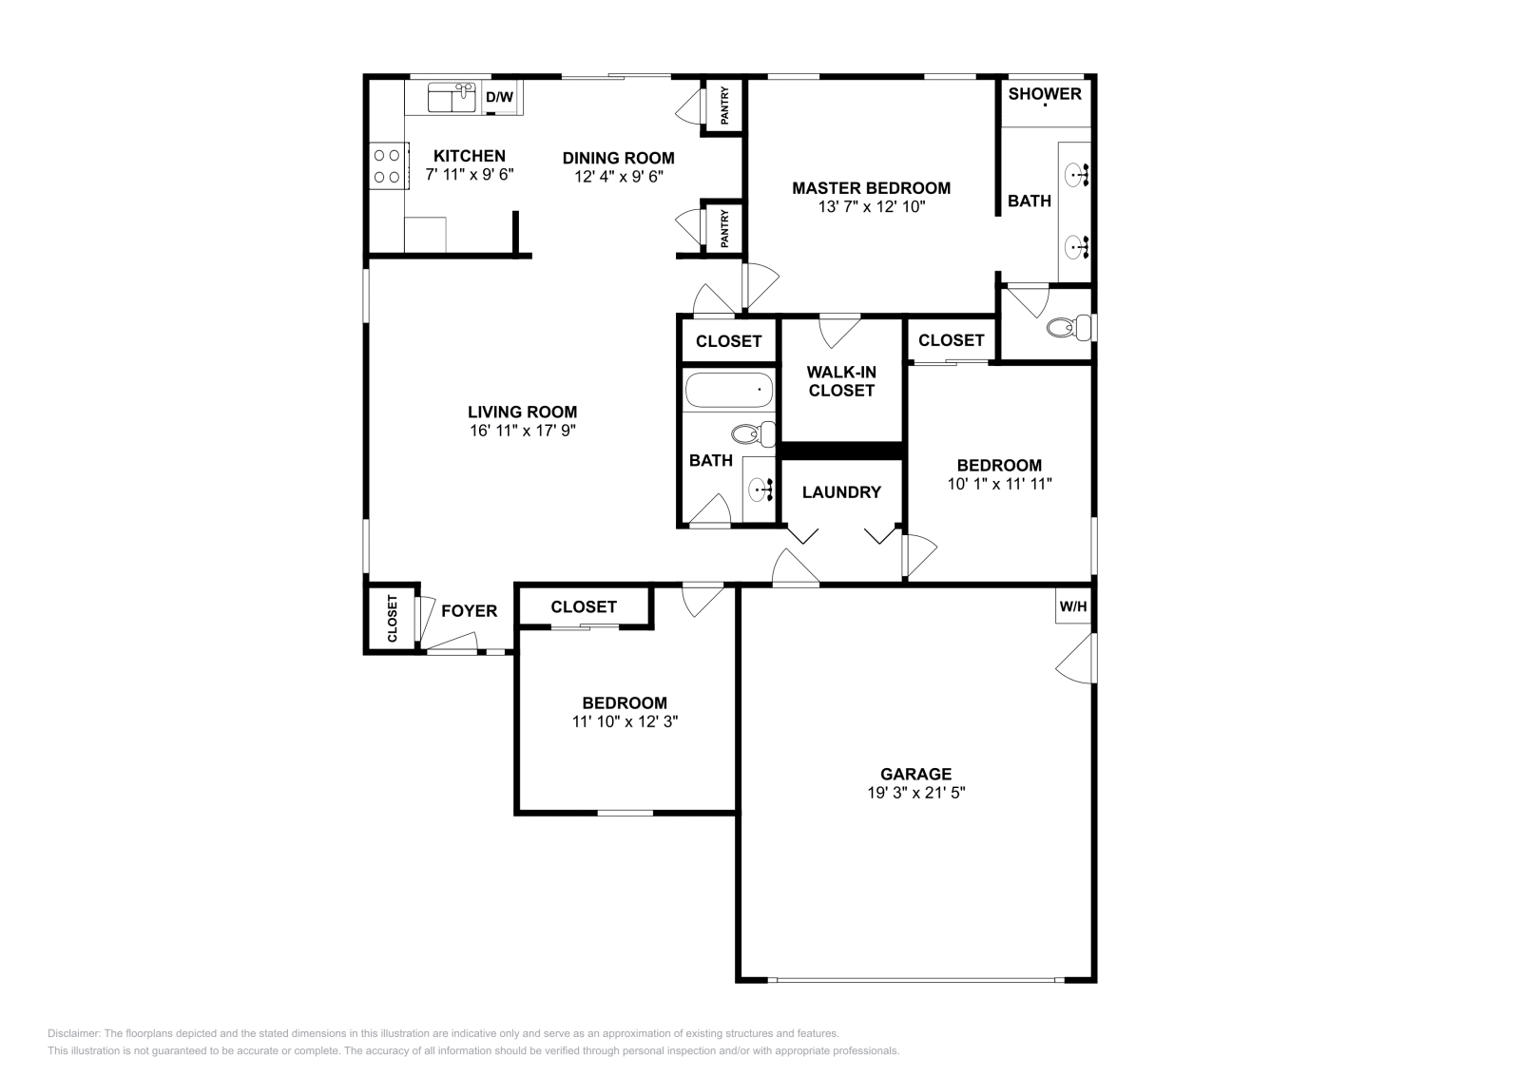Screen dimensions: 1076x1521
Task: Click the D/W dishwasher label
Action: click(x=499, y=97)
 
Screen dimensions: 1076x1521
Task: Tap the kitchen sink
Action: click(x=451, y=98)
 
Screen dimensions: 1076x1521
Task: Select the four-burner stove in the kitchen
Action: click(x=387, y=165)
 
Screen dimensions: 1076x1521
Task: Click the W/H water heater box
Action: click(x=1073, y=606)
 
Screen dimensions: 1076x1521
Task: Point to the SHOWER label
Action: click(x=1045, y=93)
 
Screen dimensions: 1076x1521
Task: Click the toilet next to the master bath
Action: click(x=1066, y=329)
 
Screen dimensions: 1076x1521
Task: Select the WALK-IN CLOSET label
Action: click(x=841, y=381)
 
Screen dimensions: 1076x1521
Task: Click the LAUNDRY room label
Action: click(x=841, y=492)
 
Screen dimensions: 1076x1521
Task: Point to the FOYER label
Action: click(x=469, y=611)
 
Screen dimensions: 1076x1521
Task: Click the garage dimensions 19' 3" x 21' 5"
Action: click(x=915, y=793)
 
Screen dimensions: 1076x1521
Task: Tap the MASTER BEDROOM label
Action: click(x=871, y=188)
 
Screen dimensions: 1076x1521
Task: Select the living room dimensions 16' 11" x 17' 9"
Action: click(x=522, y=431)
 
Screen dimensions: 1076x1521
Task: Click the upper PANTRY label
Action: click(x=724, y=106)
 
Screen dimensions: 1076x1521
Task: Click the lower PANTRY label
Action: click(x=724, y=228)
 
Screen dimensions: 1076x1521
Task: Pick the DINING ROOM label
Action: click(x=618, y=158)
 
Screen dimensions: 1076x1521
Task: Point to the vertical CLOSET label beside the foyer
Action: click(x=392, y=619)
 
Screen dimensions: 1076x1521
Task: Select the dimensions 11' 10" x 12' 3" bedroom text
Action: click(x=625, y=721)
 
